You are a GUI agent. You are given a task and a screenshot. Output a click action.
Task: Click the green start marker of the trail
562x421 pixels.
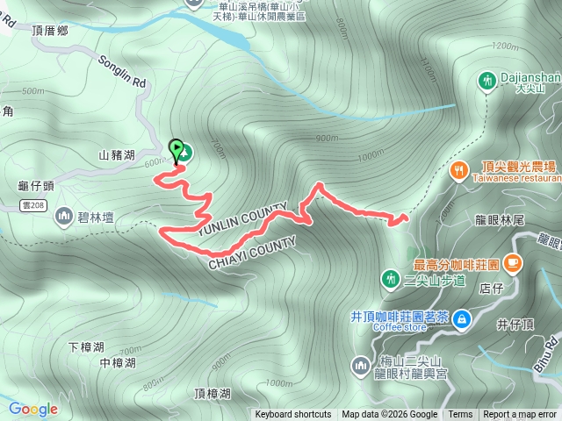click(176, 149)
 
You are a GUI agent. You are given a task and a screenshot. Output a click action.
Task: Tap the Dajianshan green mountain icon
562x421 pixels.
click(486, 82)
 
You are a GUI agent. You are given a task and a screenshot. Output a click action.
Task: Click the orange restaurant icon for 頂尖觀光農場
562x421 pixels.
click(458, 171)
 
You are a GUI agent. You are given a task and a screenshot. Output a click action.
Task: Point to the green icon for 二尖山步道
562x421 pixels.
click(390, 279)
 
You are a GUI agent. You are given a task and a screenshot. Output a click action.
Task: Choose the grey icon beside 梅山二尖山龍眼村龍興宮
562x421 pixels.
click(360, 365)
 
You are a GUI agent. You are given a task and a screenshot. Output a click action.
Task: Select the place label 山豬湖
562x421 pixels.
click(117, 155)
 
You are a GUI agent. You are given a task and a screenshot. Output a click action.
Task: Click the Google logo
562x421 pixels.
click(32, 409)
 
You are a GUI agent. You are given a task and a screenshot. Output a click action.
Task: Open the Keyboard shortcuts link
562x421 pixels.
click(293, 415)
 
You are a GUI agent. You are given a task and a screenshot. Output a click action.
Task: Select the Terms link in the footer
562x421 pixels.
click(460, 415)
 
